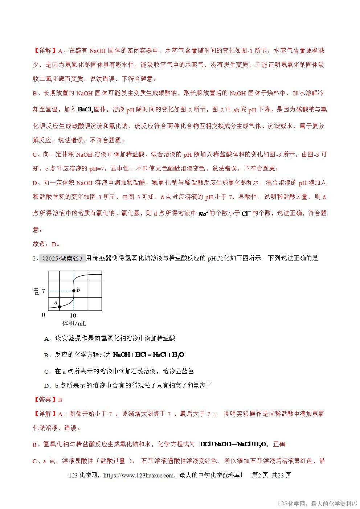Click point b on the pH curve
[x=74, y=291]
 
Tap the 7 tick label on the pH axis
[x=44, y=291]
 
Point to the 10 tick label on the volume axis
[x=73, y=315]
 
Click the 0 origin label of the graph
[x=44, y=315]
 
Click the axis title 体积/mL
[x=74, y=323]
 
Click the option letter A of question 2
[x=46, y=338]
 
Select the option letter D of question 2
[x=46, y=386]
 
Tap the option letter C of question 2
[x=46, y=372]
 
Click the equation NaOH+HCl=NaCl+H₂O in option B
[x=149, y=355]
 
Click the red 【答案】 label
[x=45, y=400]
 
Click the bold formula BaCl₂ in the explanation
[x=86, y=109]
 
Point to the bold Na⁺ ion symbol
[x=203, y=214]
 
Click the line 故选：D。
[x=46, y=244]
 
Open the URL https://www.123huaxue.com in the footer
[x=139, y=475]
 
